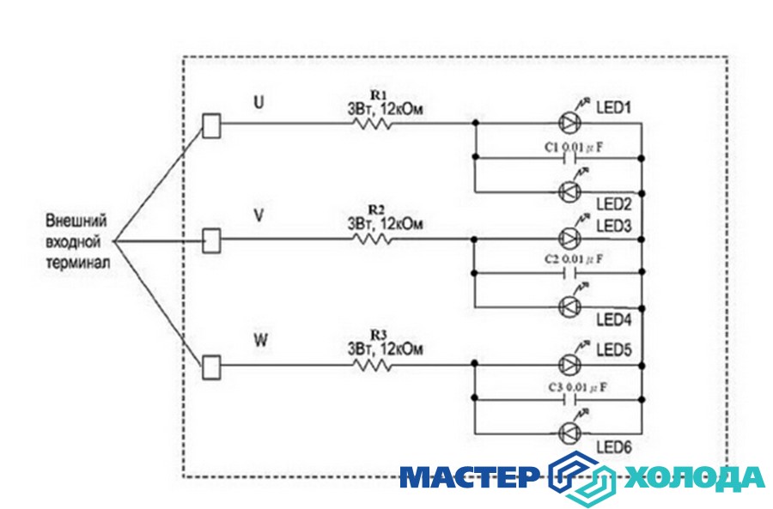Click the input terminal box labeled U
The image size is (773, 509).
210,125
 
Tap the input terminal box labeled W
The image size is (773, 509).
210,367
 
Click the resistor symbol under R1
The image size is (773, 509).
371,124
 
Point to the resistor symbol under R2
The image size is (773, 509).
371,239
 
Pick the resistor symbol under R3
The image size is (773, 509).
371,365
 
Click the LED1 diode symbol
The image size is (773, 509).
569,123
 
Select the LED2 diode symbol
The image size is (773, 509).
569,191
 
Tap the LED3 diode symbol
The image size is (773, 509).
569,239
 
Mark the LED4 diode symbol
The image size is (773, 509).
569,306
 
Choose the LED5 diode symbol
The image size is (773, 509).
569,364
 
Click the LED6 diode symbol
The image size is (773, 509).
569,432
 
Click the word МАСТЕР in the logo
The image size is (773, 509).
469,477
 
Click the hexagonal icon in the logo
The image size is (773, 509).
582,477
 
